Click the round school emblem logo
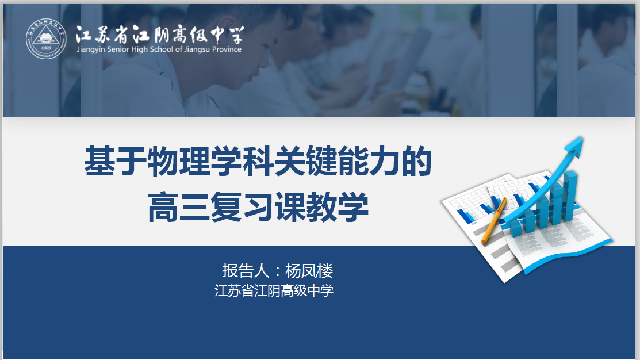click(x=46, y=39)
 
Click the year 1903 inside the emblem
click(x=46, y=48)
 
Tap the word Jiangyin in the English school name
click(x=91, y=49)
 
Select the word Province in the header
click(x=227, y=49)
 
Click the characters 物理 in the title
click(x=178, y=161)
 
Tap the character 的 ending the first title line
click(x=416, y=161)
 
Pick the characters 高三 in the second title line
click(x=178, y=207)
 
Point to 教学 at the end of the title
click(x=337, y=207)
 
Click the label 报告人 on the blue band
click(x=246, y=271)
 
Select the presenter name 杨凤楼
click(x=309, y=271)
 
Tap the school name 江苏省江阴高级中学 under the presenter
click(x=274, y=290)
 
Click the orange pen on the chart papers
click(x=495, y=220)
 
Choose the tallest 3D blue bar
click(x=570, y=196)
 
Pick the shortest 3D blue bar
click(x=516, y=228)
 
